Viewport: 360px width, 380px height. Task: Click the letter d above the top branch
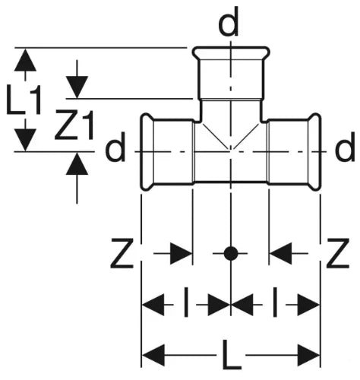(229, 23)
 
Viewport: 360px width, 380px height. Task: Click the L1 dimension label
(24, 100)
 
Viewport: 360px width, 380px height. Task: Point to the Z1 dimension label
(74, 125)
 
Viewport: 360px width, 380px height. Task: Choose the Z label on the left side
(122, 253)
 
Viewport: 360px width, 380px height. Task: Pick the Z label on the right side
(338, 253)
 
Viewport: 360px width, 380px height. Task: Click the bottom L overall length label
(231, 355)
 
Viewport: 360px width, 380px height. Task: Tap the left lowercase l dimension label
(186, 302)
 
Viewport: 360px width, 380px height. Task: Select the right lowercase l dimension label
(275, 302)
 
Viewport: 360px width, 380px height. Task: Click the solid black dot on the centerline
(231, 253)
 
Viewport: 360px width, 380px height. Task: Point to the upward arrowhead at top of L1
(25, 60)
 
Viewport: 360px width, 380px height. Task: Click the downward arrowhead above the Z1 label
(77, 87)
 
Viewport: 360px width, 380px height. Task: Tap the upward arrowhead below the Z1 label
(77, 164)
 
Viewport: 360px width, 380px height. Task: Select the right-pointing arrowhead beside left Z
(181, 253)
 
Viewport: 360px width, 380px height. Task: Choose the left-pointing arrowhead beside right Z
(280, 253)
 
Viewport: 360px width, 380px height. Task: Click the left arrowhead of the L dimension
(153, 355)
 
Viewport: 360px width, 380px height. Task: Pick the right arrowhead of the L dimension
(308, 355)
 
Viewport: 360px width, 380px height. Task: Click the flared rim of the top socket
(231, 52)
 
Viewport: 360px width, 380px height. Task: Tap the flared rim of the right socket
(315, 151)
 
